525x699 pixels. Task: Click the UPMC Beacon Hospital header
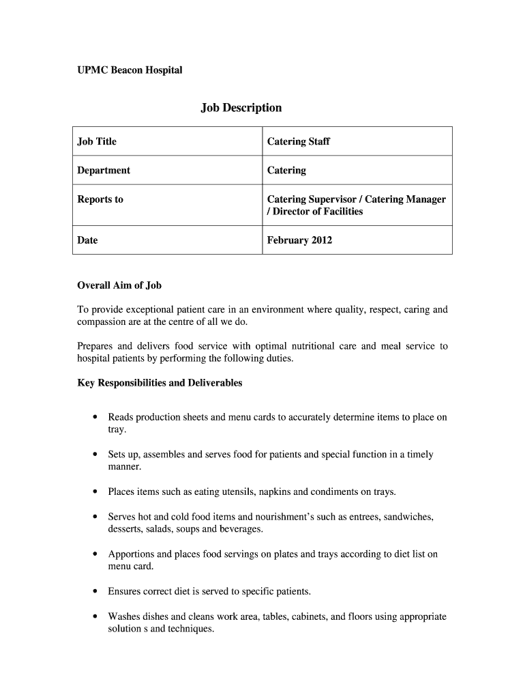[x=130, y=70]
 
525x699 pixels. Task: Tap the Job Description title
[x=241, y=108]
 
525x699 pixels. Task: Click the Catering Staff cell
[x=298, y=141]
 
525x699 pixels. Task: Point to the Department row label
[x=104, y=170]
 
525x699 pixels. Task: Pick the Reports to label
[x=100, y=199]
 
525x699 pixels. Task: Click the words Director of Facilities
[x=318, y=212]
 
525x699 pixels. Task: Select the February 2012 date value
[x=299, y=240]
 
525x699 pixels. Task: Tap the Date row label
[x=87, y=240]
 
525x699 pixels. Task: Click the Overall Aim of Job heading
[x=119, y=285]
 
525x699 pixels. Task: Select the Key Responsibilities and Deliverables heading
[x=160, y=383]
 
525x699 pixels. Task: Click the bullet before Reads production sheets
[x=94, y=417]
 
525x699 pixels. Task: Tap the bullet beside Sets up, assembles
[x=94, y=455]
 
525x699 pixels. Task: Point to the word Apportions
[x=131, y=554]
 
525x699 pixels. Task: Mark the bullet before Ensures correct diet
[x=94, y=592]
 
